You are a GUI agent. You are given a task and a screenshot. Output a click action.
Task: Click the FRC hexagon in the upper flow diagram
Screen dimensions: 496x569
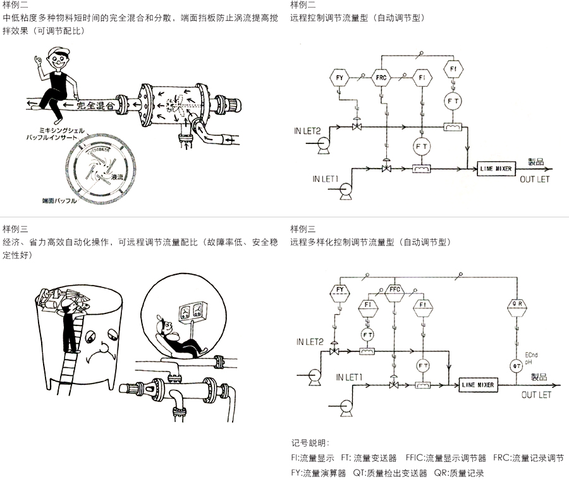(x=381, y=78)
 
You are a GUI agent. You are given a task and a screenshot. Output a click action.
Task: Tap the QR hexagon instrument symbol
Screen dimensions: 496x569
(x=516, y=304)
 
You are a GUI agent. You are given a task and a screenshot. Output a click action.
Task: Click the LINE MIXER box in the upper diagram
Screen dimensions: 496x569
(x=496, y=169)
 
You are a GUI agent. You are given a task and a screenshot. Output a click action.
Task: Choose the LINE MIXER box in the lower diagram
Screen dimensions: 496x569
(x=477, y=385)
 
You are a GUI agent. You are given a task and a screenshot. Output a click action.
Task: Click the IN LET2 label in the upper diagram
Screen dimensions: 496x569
(x=307, y=131)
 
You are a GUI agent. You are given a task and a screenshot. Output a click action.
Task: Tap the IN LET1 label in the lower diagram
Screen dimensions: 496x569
(x=349, y=377)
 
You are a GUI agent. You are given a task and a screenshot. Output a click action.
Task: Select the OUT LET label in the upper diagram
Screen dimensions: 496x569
(x=535, y=179)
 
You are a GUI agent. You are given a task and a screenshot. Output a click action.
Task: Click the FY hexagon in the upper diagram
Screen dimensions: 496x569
(x=339, y=78)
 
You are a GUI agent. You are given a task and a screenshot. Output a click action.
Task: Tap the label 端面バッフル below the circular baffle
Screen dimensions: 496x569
(x=59, y=201)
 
